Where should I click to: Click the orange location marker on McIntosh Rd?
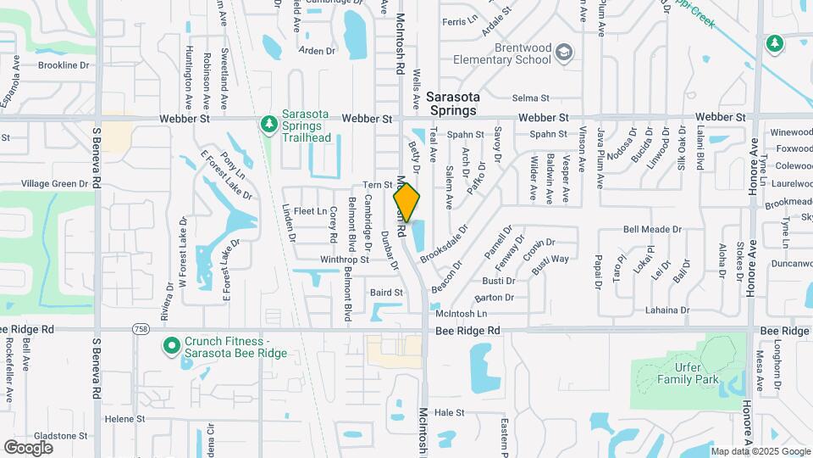click(x=406, y=203)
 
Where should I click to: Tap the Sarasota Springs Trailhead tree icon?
click(x=269, y=125)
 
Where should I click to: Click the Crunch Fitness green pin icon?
click(x=171, y=346)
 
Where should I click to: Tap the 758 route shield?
click(x=139, y=329)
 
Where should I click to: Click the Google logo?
click(x=29, y=447)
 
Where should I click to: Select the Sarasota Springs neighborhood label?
click(x=451, y=103)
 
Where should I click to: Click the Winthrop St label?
click(x=345, y=260)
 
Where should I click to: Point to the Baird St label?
click(x=386, y=293)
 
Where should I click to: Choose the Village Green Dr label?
click(x=48, y=183)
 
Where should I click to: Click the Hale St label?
click(x=450, y=412)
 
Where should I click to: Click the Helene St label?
click(x=125, y=419)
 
